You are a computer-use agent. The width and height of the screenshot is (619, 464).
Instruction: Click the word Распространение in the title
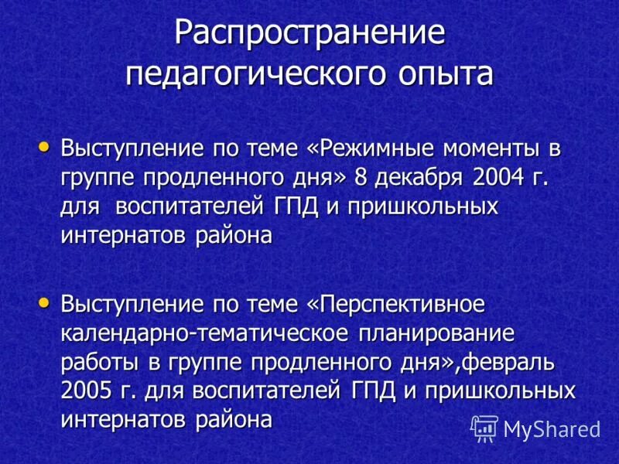pos(309,35)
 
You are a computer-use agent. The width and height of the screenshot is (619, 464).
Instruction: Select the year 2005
pos(86,391)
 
